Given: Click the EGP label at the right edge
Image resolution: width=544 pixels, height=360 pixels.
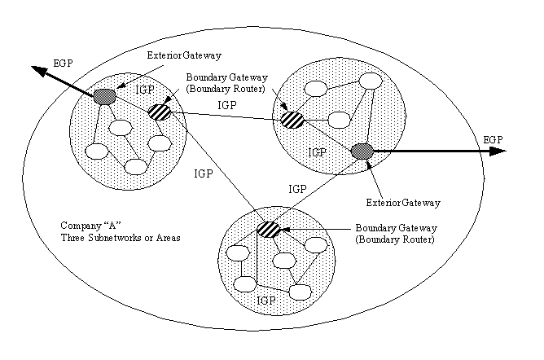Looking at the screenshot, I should coord(494,139).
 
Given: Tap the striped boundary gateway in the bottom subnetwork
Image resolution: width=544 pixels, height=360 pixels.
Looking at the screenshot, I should coord(268,229).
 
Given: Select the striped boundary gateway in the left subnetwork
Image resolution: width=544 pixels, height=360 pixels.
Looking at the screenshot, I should coord(161,112).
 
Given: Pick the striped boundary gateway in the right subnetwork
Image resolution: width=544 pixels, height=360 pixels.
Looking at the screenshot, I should coord(292,120).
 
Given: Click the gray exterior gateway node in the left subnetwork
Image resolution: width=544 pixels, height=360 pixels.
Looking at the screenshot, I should coord(103,97).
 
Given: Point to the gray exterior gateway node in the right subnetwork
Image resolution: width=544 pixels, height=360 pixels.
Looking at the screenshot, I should coord(362,151).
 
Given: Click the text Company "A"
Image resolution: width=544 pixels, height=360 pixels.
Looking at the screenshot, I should coord(86,225).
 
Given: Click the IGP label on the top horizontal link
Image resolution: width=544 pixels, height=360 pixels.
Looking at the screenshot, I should coord(226,106).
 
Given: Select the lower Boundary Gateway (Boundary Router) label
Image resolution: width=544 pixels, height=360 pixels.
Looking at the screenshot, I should coord(394,235).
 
